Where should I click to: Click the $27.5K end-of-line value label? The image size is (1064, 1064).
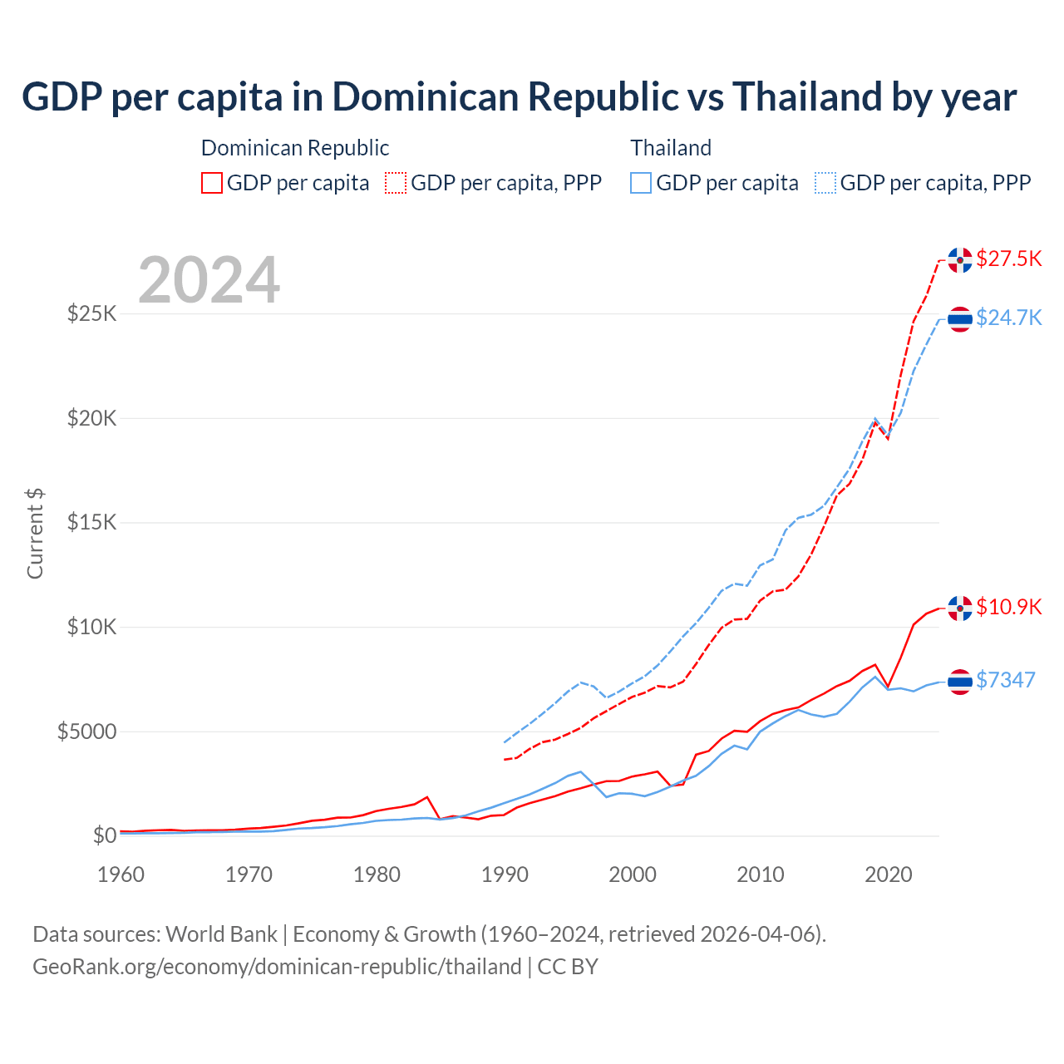[x=1008, y=259]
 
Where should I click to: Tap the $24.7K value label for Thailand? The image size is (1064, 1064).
[x=1008, y=318]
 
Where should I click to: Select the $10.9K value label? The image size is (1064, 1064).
[x=1008, y=607]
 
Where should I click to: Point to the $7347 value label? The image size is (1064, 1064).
[x=1005, y=680]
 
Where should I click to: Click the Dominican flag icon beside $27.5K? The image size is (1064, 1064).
[x=960, y=259]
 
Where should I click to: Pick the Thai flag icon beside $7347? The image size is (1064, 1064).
[x=960, y=681]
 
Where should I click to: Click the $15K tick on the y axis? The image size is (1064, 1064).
[x=91, y=522]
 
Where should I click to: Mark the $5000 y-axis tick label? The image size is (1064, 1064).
[x=86, y=731]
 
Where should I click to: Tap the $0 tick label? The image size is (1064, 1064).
[x=104, y=835]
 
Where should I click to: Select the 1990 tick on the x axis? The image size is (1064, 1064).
[x=505, y=874]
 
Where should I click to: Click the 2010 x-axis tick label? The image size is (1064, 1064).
[x=761, y=874]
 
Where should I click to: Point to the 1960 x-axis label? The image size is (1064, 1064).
[x=121, y=874]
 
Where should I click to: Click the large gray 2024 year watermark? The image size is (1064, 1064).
[x=209, y=280]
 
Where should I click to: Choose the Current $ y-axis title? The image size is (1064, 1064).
[x=35, y=533]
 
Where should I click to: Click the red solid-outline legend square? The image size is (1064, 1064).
[x=212, y=183]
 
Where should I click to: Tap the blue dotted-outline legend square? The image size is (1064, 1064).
[x=825, y=183]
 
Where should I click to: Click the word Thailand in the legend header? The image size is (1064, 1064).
[x=671, y=148]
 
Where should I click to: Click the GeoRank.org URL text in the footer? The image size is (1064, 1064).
[x=277, y=967]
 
